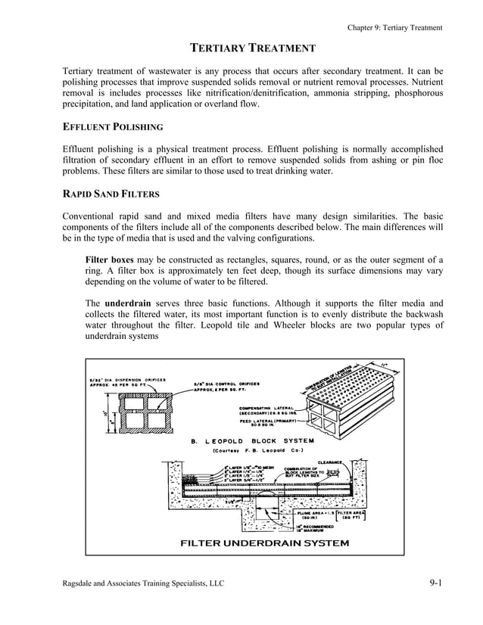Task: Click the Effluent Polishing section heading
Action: tap(112, 126)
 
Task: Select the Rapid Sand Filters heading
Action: tap(111, 193)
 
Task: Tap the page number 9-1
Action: tap(434, 583)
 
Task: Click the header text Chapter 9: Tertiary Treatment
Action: tap(394, 28)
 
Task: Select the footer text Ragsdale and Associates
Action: tap(143, 584)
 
